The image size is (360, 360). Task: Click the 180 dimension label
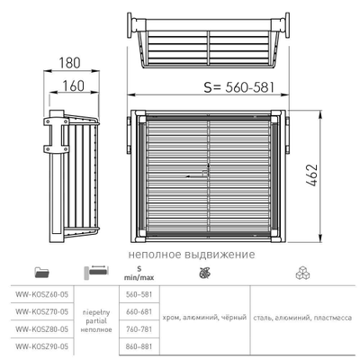tap(69, 63)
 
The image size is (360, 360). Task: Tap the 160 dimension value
tap(73, 85)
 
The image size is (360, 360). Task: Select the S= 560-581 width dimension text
tap(239, 87)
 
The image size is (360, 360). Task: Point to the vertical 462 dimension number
tap(312, 175)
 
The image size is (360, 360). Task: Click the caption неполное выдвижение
tap(192, 255)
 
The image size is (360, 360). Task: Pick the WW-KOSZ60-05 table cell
tap(41, 294)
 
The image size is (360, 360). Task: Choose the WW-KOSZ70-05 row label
tap(41, 311)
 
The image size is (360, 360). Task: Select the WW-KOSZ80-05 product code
tap(41, 329)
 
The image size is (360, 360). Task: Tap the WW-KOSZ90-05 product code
tap(41, 346)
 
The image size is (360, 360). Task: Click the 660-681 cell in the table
tap(139, 311)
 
